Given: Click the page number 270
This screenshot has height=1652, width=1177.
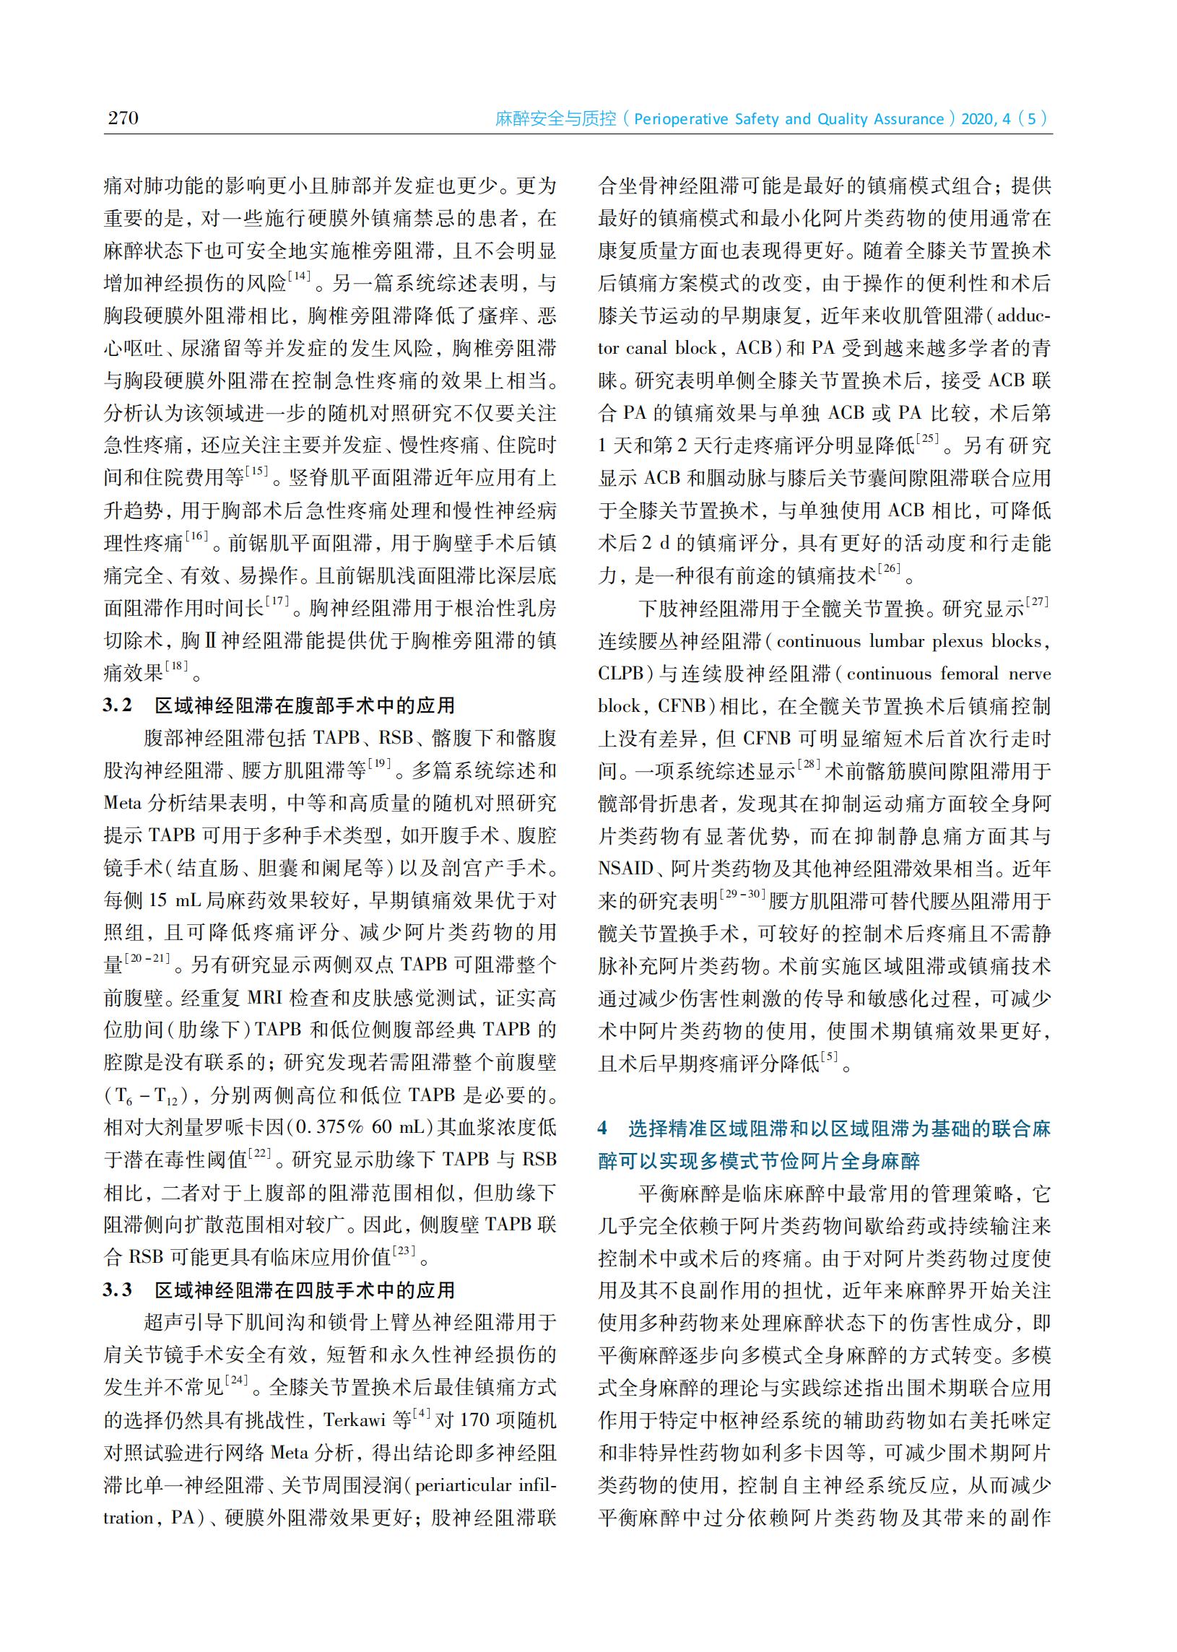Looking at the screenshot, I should click(123, 118).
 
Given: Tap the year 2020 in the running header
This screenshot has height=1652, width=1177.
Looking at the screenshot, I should click(978, 119).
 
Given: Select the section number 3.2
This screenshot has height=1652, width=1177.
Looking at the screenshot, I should click(118, 705).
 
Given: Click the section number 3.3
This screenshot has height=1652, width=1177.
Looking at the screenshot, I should click(118, 1290).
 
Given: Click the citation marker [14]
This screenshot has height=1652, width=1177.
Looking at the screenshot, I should click(299, 276).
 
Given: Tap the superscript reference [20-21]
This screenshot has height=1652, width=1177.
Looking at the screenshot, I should click(147, 958).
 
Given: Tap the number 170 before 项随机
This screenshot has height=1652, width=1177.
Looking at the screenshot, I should click(474, 1420).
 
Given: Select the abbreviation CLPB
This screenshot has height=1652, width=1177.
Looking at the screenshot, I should click(621, 673).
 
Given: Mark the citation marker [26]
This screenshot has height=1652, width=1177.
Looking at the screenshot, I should click(890, 569).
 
